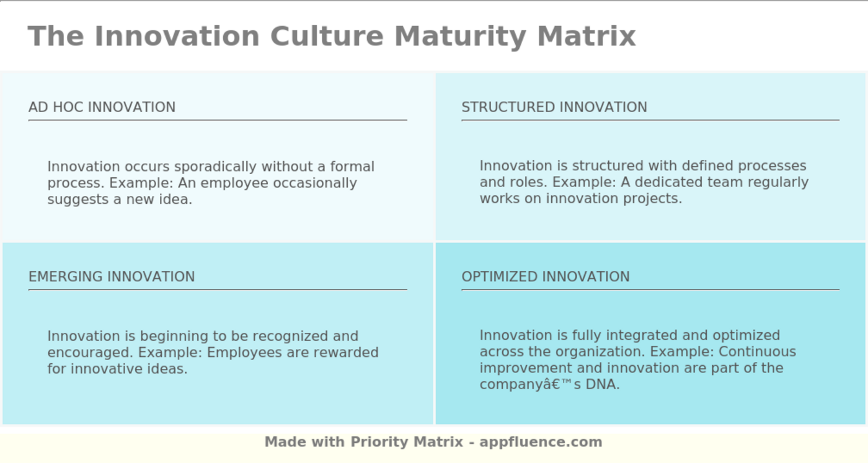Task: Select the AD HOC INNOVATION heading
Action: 102,107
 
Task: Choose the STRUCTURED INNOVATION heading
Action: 554,107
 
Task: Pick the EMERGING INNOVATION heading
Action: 112,276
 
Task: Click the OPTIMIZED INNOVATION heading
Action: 545,276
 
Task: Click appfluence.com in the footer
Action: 541,442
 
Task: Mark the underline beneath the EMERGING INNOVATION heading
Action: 218,289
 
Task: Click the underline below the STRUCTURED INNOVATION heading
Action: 650,120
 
